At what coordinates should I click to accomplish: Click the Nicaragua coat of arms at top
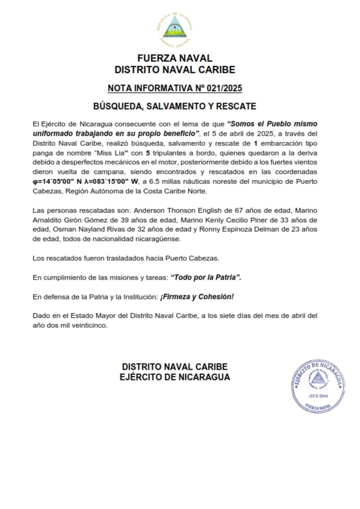pos(175,28)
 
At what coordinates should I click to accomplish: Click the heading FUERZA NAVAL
pos(175,58)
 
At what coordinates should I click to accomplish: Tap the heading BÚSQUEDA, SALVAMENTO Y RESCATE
pos(175,106)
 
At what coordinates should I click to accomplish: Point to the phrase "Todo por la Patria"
pos(206,277)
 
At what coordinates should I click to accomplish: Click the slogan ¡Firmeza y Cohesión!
pos(197,297)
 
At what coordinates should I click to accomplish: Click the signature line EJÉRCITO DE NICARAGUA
pos(175,377)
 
